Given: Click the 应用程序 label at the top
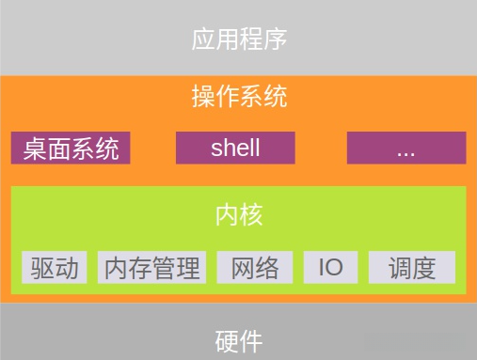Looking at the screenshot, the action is pos(239,39).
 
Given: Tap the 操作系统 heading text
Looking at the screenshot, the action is pos(239,96).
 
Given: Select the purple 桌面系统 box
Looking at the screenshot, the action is pos(71,149).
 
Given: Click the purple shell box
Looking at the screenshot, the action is pos(235,149).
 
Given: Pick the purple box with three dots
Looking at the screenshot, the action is pos(406,149).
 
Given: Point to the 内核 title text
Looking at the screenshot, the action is pos(239,214).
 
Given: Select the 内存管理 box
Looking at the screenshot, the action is pos(151,268).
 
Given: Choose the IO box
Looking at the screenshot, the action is pos(330,268).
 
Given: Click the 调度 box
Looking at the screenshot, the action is pos(411,268).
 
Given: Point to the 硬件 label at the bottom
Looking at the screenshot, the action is pos(239,340).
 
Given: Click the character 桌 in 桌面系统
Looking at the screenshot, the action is pos(35,149).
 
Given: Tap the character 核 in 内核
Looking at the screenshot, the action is pos(251,214).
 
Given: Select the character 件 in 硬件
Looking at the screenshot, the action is pos(251,340).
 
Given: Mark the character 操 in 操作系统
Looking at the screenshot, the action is pos(203,96).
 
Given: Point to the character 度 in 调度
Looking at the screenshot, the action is pos(423,268).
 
